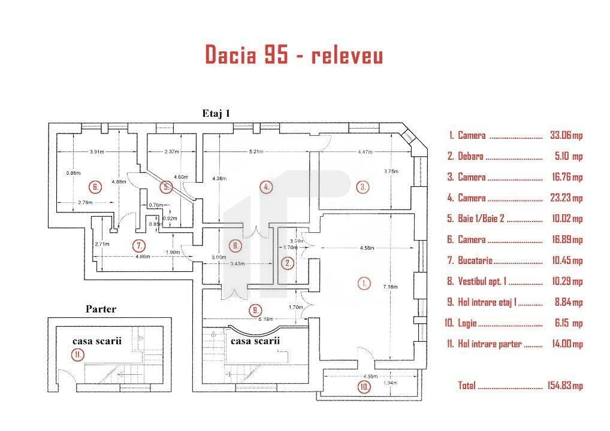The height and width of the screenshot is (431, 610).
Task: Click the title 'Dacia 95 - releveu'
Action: (294, 54)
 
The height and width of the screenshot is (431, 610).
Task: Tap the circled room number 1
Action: (364, 283)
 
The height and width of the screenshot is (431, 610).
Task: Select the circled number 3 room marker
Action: (363, 187)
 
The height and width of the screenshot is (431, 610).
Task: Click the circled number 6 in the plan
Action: (95, 187)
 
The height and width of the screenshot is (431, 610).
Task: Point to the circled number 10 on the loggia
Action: (364, 387)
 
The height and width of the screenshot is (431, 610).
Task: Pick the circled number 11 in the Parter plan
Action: (78, 354)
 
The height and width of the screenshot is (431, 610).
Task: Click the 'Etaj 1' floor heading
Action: (216, 113)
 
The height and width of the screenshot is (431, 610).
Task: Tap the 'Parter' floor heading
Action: (101, 309)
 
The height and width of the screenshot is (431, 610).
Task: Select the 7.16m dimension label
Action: (390, 287)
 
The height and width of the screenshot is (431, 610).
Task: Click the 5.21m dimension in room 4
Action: (256, 151)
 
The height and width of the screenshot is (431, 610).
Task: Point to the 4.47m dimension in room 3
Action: (365, 152)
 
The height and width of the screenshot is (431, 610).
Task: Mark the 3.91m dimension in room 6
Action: (97, 151)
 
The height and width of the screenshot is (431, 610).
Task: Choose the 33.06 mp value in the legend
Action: (566, 135)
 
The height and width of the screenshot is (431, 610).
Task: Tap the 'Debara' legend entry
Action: (470, 156)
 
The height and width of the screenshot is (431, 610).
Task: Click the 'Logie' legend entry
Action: (467, 323)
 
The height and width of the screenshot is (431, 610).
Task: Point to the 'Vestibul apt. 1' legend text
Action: (482, 281)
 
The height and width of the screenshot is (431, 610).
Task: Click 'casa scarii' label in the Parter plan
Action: (97, 341)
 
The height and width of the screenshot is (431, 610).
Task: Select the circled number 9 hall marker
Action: (255, 310)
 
